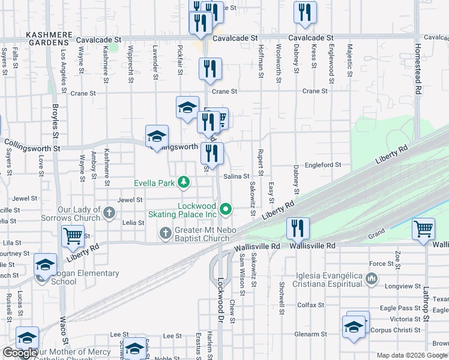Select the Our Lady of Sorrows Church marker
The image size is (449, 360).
[109, 212]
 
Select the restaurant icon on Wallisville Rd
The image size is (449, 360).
[298, 229]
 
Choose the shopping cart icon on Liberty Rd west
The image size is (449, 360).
[73, 236]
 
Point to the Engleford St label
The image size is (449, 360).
[322, 164]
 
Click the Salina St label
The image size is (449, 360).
[236, 176]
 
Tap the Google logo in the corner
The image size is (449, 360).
[20, 353]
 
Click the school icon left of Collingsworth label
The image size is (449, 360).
[157, 137]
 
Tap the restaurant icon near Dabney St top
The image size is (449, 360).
[305, 14]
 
